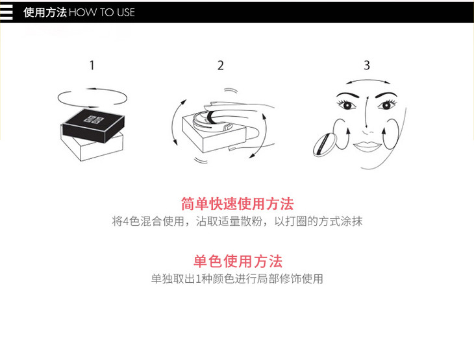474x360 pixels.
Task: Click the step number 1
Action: tap(92, 66)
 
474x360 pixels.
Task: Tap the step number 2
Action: tap(221, 66)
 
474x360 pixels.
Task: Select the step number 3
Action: tap(367, 66)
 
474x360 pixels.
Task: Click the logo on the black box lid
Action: tap(94, 119)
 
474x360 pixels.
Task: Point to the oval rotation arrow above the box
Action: tap(92, 89)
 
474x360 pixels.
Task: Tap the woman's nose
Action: tap(368, 132)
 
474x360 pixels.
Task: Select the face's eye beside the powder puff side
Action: tap(347, 105)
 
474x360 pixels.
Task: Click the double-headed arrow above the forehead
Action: tap(368, 80)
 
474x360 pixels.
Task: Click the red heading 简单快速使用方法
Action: tap(237, 204)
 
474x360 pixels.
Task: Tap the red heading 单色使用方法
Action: tap(238, 261)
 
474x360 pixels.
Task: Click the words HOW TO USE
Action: tap(102, 12)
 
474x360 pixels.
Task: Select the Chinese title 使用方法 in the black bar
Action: tap(45, 12)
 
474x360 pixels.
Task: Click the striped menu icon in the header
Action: tap(6, 12)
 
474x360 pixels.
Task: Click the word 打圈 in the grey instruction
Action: tap(290, 221)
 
